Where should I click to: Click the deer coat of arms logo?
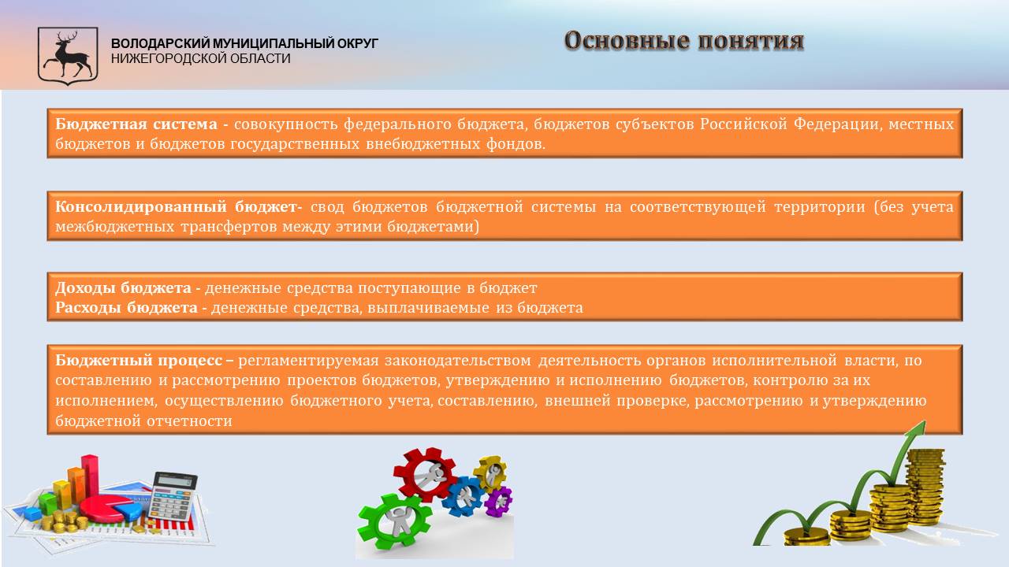[x=68, y=56]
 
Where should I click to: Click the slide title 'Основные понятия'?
[x=683, y=41]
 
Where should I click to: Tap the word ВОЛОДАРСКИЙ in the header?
[x=160, y=43]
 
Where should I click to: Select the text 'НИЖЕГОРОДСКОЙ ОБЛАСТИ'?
[x=200, y=58]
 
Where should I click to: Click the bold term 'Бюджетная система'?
[x=136, y=124]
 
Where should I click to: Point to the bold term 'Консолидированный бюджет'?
[x=175, y=206]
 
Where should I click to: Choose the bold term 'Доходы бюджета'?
[x=124, y=287]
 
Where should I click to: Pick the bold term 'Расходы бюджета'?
[x=127, y=307]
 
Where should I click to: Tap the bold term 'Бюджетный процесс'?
[x=139, y=361]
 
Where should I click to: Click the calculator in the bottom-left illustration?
[x=173, y=496]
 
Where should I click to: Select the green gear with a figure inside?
[x=393, y=521]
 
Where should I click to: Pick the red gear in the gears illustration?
[x=425, y=474]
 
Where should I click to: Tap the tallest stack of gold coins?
[x=925, y=487]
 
